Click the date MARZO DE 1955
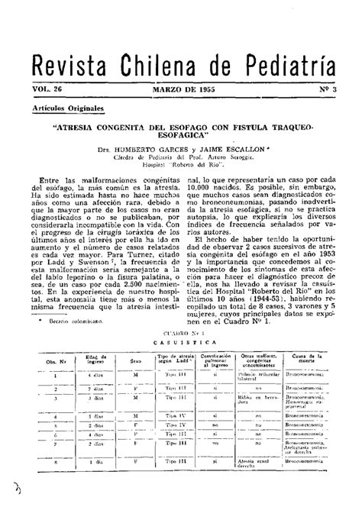click(184, 89)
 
